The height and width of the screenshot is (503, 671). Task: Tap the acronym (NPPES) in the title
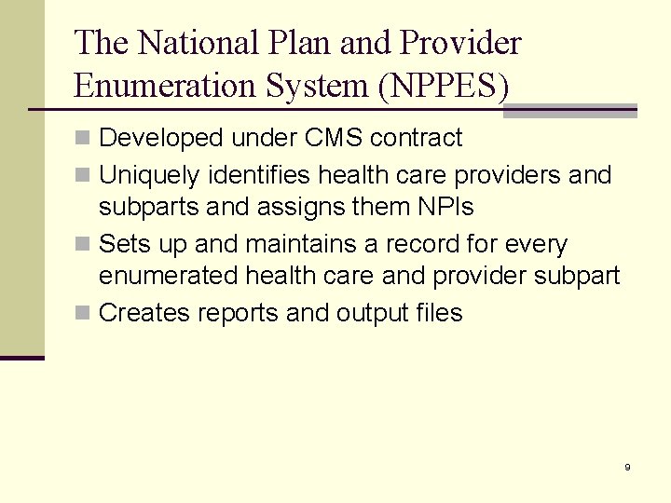444,86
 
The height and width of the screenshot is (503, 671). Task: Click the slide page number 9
627,467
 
